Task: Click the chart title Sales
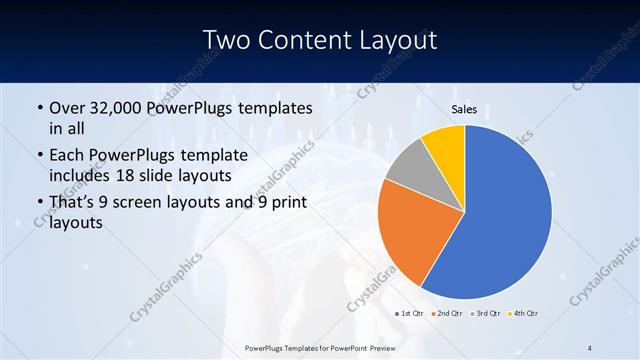(x=465, y=109)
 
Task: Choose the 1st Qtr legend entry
(x=410, y=314)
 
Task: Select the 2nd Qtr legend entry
(x=447, y=314)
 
